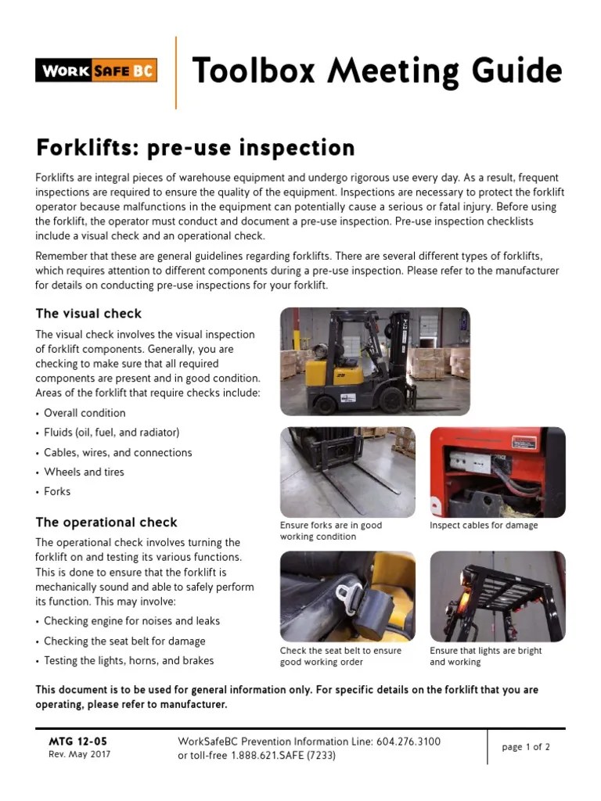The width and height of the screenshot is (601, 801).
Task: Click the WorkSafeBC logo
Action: (96, 70)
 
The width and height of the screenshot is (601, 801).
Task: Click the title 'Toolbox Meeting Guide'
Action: (376, 72)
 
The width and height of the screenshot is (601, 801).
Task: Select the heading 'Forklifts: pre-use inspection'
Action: (184, 147)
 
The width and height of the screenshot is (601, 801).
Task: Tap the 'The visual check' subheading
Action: (88, 314)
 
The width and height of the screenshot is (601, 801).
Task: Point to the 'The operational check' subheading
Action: (106, 523)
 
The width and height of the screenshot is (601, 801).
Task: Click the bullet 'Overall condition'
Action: (85, 413)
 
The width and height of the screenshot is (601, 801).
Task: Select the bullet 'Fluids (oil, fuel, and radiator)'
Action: (111, 433)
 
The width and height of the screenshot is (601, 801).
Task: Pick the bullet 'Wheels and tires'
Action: (84, 472)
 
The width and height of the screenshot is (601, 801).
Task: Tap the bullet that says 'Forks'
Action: (57, 491)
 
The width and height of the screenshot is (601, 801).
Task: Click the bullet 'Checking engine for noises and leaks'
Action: (131, 621)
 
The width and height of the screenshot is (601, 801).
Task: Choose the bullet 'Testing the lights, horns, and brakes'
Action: (128, 660)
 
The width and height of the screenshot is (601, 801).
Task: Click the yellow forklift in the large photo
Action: (352, 364)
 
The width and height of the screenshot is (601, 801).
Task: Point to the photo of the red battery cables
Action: (497, 472)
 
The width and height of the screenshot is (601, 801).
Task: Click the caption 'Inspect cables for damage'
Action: (484, 526)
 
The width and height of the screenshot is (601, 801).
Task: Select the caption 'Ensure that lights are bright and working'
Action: (485, 656)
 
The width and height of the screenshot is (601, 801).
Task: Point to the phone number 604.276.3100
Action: (407, 742)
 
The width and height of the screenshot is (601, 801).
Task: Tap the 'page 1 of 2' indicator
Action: (526, 747)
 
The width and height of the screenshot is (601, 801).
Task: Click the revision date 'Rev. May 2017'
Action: (79, 755)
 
